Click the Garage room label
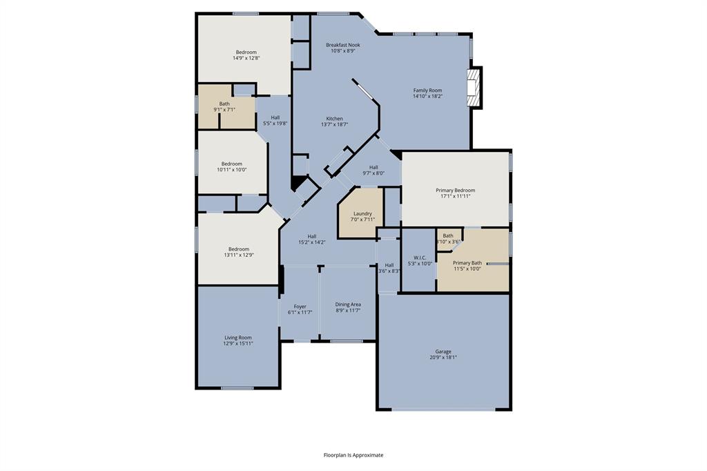(x=443, y=352)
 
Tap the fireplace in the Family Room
(x=474, y=88)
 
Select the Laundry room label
(x=362, y=213)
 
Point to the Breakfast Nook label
(x=342, y=45)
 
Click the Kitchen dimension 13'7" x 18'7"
(x=334, y=124)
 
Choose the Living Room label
(x=238, y=338)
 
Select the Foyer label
(x=300, y=307)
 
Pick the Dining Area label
(x=348, y=304)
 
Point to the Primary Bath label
(x=467, y=262)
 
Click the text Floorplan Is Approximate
(x=353, y=455)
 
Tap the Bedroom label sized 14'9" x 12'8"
(x=246, y=52)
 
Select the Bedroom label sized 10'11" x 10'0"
(x=231, y=164)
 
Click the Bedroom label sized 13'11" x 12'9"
(x=239, y=249)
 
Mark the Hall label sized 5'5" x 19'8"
(x=275, y=117)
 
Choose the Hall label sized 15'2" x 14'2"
(x=311, y=236)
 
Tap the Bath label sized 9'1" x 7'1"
(x=224, y=104)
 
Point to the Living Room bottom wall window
(x=237, y=388)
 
